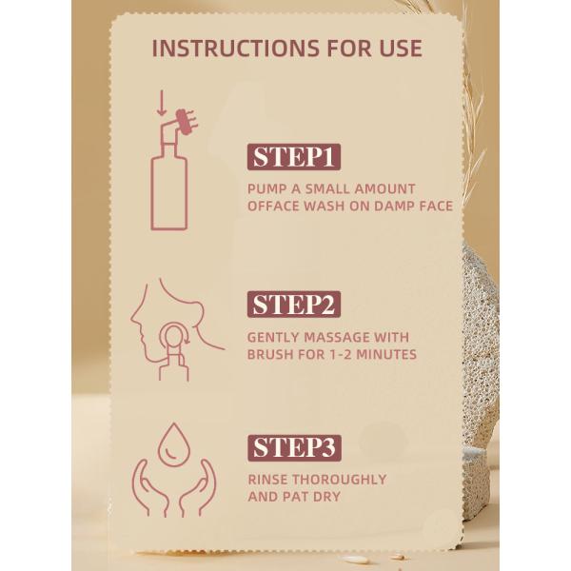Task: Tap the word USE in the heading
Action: point(398,49)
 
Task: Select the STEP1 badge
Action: point(294,157)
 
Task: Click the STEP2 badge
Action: point(295,305)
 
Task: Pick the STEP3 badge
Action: point(295,446)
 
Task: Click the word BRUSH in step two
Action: point(273,355)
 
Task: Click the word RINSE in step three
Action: point(269,479)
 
